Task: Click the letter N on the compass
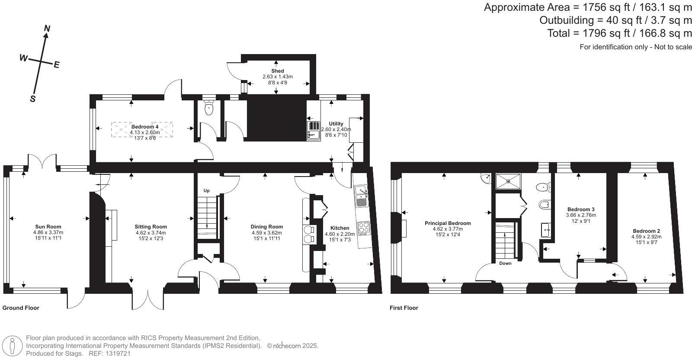coord(47,29)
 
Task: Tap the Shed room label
coord(277,71)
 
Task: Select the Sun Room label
coord(48,226)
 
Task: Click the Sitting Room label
coord(151,226)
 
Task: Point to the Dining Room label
coord(266,226)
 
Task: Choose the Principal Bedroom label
coord(448,223)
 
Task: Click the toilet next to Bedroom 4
coord(209,107)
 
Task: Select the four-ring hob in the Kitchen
coord(364,228)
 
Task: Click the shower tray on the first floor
coord(508,181)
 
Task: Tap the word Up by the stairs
coord(206,191)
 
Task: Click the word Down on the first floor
coord(505,263)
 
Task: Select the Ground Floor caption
coord(21,308)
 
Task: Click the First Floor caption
coord(404,308)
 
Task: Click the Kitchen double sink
coord(361,196)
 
